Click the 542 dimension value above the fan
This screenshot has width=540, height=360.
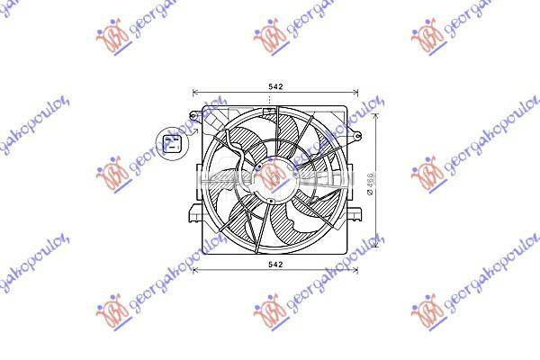click(275, 86)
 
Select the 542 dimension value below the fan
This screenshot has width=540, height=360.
click(275, 265)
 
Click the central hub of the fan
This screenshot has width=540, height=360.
click(274, 175)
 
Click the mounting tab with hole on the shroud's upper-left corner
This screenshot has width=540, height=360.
click(195, 114)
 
